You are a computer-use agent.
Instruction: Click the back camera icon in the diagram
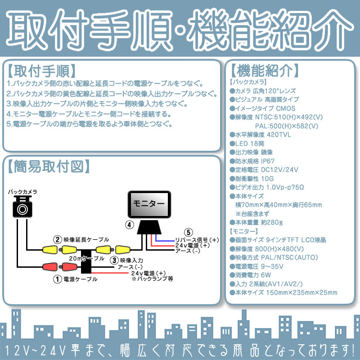pyautogui.click(x=22, y=208)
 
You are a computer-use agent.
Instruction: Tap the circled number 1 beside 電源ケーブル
pyautogui.click(x=57, y=279)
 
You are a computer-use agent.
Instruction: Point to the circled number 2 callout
pyautogui.click(x=57, y=239)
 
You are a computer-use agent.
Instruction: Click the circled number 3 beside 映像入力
pyautogui.click(x=114, y=260)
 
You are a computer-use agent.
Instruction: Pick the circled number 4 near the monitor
pyautogui.click(x=129, y=224)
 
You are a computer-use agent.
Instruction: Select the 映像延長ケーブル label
pyautogui.click(x=86, y=240)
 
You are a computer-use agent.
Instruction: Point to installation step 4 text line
pyautogui.click(x=89, y=113)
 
